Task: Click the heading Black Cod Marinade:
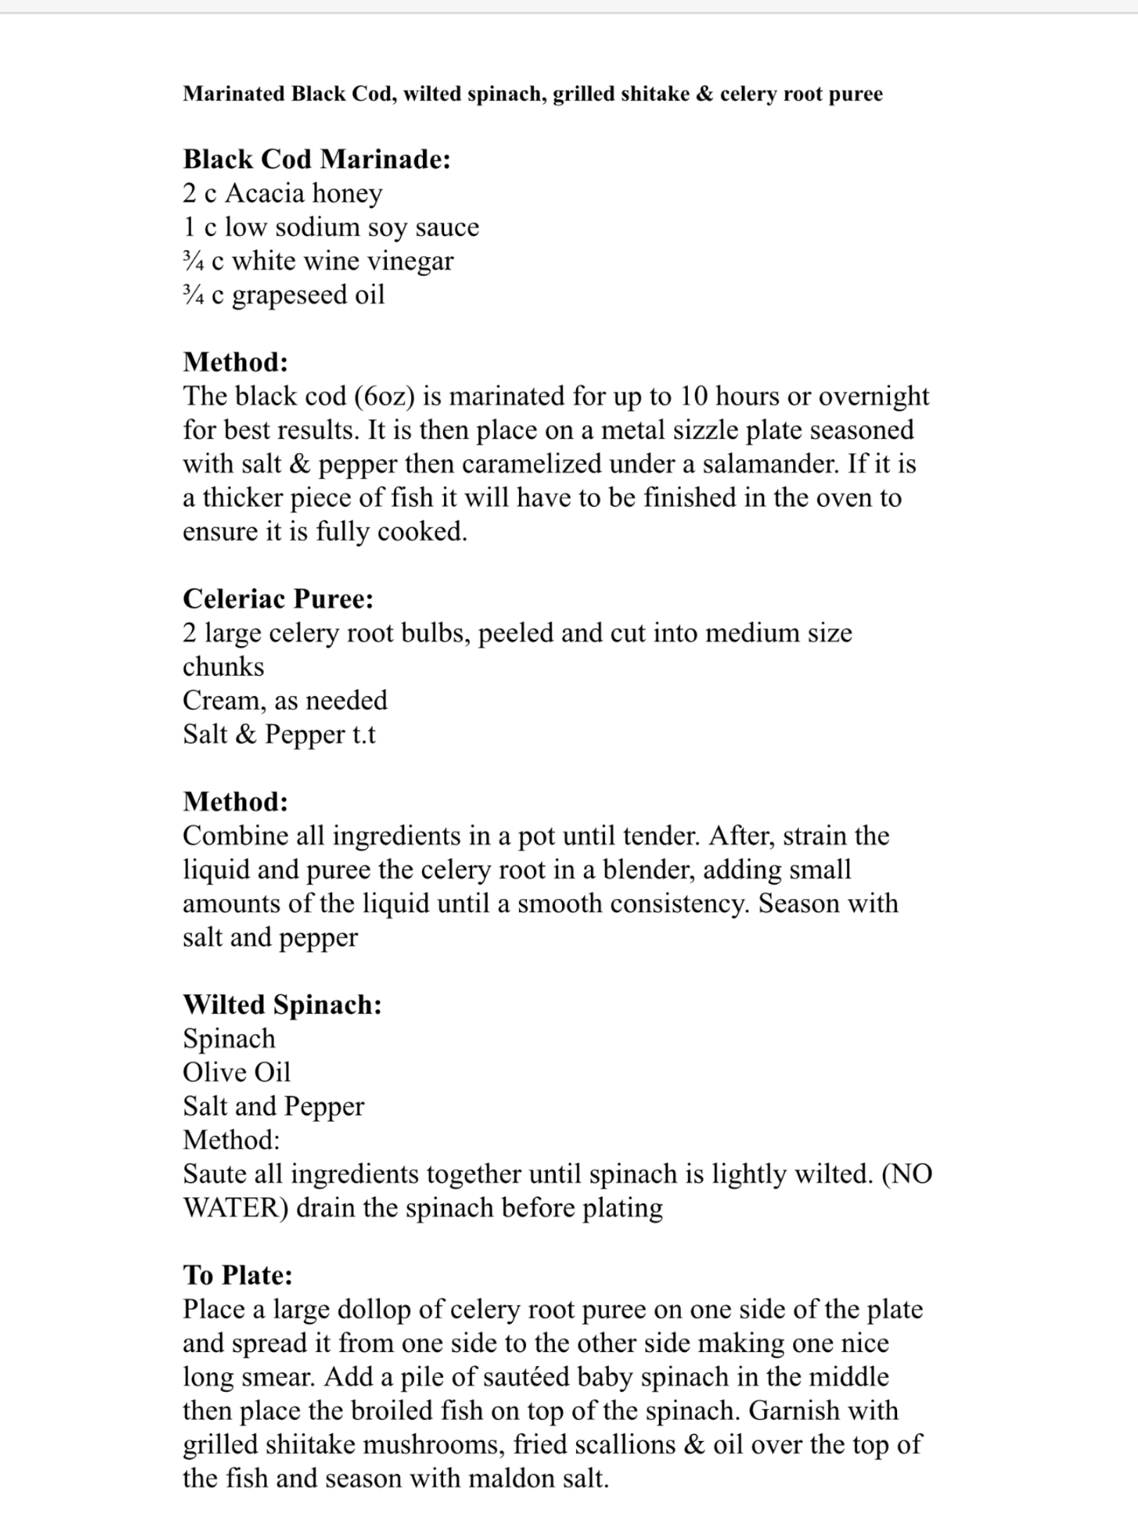(317, 159)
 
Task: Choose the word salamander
(764, 464)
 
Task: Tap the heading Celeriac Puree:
(278, 599)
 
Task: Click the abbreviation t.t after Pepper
(363, 735)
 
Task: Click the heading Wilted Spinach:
(282, 1005)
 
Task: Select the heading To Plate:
(237, 1275)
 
